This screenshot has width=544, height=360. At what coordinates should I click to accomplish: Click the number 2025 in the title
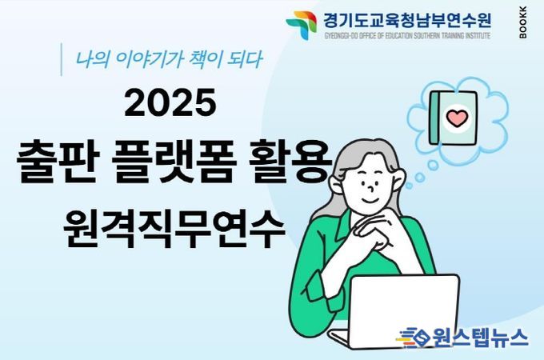click(x=170, y=102)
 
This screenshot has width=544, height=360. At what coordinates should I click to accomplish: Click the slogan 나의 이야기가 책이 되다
click(x=169, y=59)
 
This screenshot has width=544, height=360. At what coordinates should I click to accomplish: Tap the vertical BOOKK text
click(x=523, y=22)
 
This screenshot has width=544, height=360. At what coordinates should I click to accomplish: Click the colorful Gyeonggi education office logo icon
click(x=302, y=26)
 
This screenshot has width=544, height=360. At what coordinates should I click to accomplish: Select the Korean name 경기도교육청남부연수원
click(x=407, y=21)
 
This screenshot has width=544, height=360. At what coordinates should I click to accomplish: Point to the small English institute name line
click(x=407, y=36)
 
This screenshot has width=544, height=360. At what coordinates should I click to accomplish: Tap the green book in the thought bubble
click(x=453, y=118)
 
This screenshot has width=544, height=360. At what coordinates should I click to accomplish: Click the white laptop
click(x=395, y=310)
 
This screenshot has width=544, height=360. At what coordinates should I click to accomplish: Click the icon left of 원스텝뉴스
click(x=414, y=338)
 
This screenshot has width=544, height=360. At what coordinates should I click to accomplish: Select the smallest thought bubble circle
click(x=409, y=186)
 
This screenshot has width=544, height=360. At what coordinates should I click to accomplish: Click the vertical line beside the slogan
click(x=62, y=59)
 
